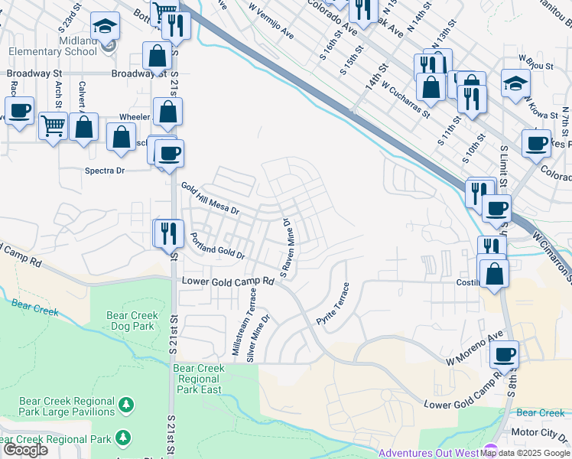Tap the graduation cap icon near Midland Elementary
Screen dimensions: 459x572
pos(104,28)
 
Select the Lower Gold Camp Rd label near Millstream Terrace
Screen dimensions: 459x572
pos(228,281)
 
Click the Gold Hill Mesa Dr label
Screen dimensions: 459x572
pos(210,198)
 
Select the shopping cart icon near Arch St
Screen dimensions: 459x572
pos(53,125)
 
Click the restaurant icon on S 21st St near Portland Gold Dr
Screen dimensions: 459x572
pos(168,233)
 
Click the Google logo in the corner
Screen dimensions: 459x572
pos(24,450)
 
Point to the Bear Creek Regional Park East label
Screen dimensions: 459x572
pos(199,379)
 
